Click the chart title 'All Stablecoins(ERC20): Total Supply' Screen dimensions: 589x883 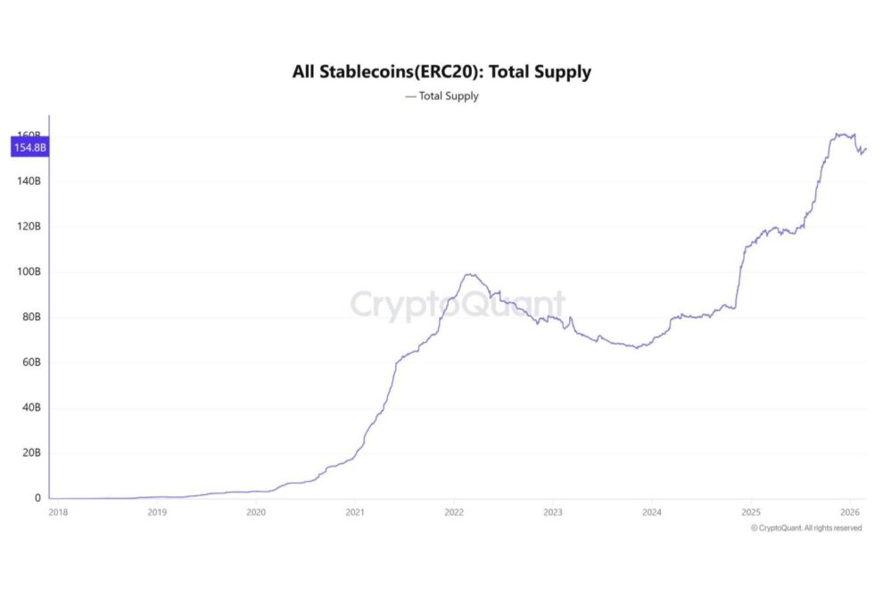(441, 72)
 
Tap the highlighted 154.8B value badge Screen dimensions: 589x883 (28, 147)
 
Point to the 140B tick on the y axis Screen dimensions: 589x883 (28, 181)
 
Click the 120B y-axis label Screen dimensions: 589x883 (28, 227)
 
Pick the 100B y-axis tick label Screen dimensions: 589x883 (28, 272)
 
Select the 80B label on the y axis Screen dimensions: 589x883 (29, 317)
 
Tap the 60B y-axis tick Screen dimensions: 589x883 (29, 362)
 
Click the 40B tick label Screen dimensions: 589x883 (29, 408)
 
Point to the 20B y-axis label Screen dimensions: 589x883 (29, 453)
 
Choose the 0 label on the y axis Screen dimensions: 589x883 (37, 498)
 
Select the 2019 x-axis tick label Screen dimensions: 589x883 (157, 512)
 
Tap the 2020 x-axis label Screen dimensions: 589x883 (256, 512)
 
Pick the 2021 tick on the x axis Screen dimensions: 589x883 (355, 512)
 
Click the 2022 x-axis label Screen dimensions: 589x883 (454, 512)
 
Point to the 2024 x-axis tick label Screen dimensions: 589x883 (651, 512)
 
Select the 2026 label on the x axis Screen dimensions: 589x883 (849, 512)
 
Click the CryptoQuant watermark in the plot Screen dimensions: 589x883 (458, 305)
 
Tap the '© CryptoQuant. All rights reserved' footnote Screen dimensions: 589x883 (806, 528)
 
